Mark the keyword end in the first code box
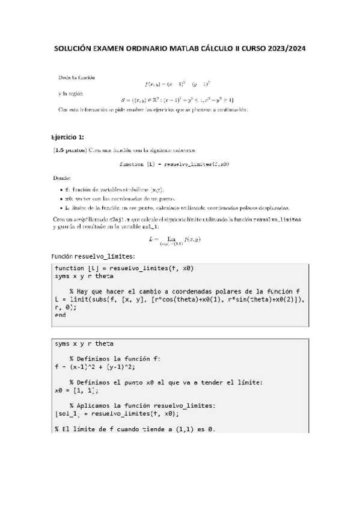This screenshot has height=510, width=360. pos(60,315)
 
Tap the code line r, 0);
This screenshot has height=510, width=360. pos(66,307)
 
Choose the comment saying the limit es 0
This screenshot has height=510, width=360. pos(134,428)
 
